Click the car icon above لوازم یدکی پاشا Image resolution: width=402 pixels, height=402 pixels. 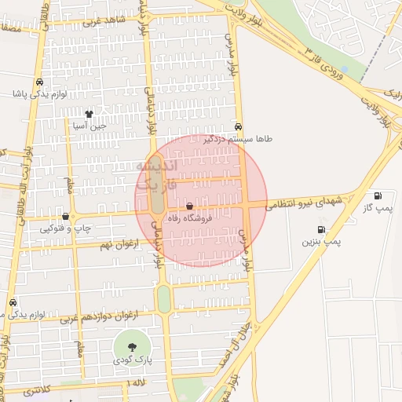(x=38, y=82)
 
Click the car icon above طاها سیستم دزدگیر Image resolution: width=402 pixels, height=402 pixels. (x=238, y=126)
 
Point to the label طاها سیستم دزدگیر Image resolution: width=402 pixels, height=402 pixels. (x=238, y=138)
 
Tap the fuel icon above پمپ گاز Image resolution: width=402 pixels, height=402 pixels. (x=379, y=196)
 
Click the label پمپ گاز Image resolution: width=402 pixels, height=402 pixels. (x=378, y=208)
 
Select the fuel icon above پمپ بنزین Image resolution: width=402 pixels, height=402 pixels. (x=322, y=229)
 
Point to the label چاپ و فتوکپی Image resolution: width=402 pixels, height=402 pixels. (x=63, y=228)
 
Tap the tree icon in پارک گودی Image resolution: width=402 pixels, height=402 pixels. (x=130, y=346)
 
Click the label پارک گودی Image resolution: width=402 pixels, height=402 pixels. (x=130, y=359)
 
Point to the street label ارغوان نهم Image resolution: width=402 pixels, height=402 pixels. (x=117, y=246)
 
